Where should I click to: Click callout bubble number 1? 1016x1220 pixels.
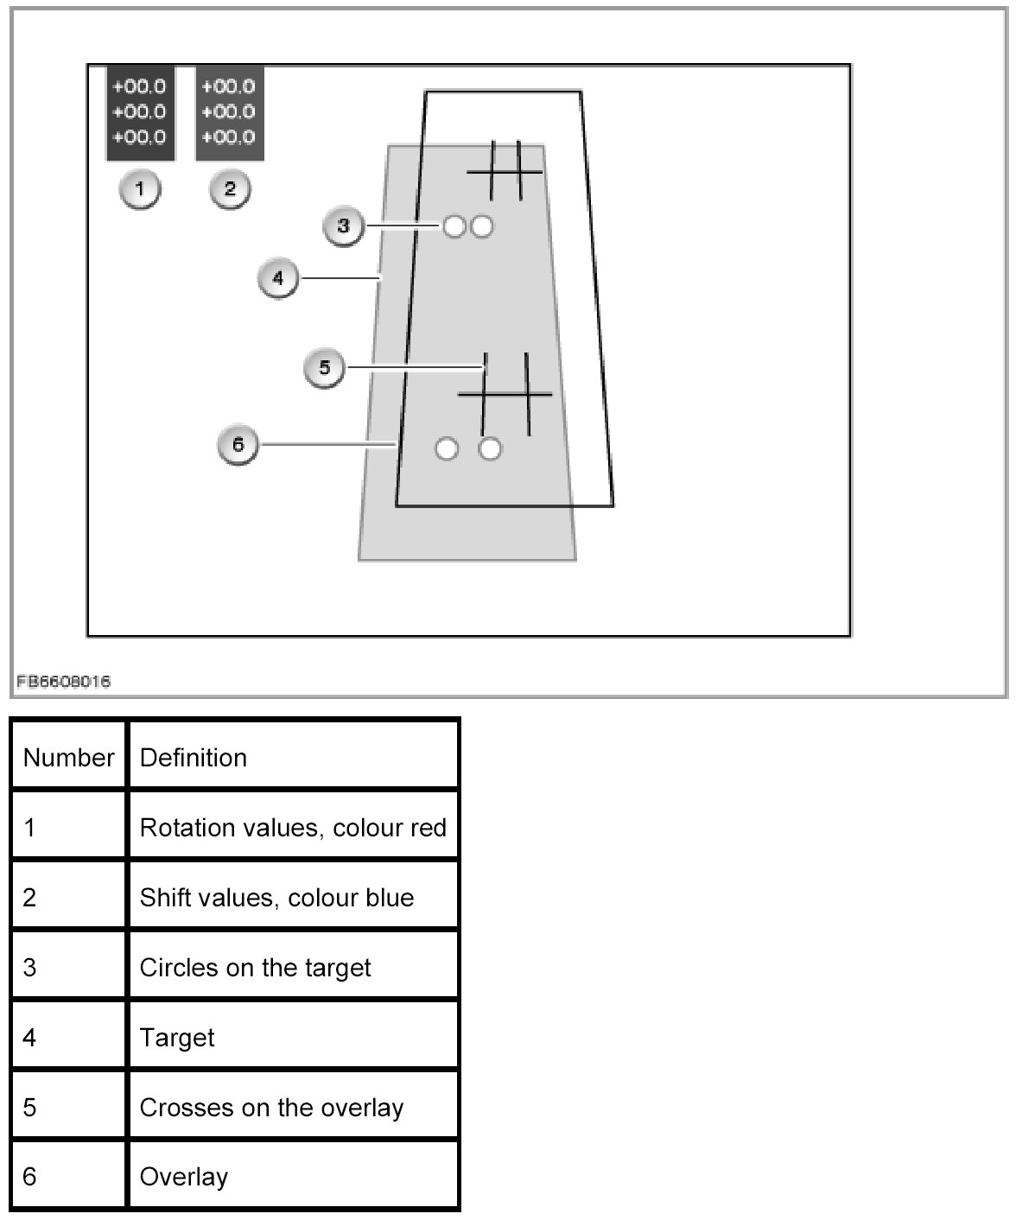point(140,189)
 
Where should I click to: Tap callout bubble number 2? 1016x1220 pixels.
point(230,189)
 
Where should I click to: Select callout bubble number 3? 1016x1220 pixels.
point(343,226)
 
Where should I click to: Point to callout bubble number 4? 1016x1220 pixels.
point(277,279)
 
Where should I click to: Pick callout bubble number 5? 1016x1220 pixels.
point(324,368)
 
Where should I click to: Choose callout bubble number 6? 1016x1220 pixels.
point(238,445)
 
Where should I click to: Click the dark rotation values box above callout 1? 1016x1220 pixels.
point(140,112)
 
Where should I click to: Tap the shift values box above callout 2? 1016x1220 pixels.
point(229,112)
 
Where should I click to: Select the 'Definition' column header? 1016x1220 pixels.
point(194,758)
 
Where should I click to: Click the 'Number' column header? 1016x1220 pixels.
point(69,758)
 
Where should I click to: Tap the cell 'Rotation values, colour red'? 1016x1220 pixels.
point(293,828)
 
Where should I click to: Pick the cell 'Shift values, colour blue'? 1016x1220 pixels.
point(276,898)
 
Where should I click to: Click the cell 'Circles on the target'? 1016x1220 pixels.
point(255,968)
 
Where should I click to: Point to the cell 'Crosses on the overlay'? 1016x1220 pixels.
point(271,1108)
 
